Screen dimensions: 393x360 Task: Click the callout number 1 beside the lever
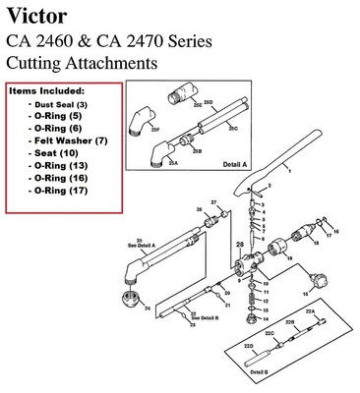(289, 169)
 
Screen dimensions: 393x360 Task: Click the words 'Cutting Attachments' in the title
(81, 63)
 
